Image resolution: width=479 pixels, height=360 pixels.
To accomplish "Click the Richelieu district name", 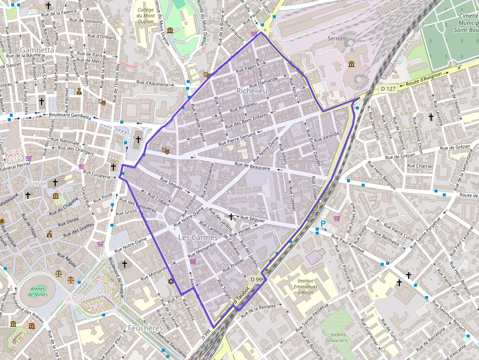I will (252, 91).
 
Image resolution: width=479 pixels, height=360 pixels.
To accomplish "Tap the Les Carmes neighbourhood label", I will (198, 237).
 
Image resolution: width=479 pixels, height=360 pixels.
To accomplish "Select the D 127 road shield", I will (388, 88).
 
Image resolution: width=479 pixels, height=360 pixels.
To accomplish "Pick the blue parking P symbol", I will (323, 224).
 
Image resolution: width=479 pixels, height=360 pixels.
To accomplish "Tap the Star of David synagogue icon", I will (171, 281).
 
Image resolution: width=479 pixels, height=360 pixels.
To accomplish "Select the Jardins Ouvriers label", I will (338, 338).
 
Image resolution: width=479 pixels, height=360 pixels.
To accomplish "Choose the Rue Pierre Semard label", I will (237, 139).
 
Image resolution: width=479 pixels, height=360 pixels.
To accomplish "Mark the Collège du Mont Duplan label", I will (146, 16).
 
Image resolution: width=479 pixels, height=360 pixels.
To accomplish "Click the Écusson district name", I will (34, 184).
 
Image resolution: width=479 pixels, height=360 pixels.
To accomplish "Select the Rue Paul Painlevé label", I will (348, 243).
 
